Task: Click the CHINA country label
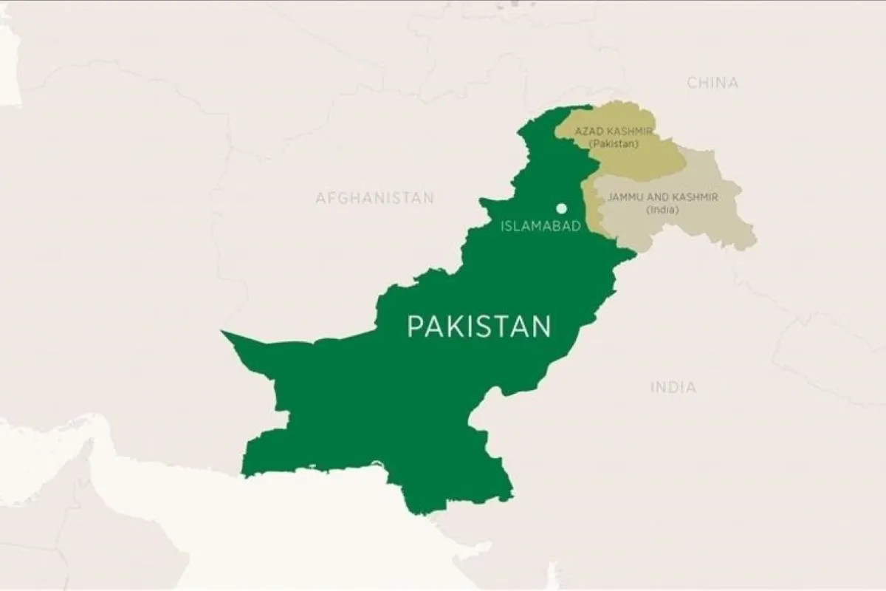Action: (712, 83)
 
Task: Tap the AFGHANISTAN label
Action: (374, 198)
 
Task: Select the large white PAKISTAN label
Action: (479, 326)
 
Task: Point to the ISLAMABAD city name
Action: (541, 227)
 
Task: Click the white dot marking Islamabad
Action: (562, 208)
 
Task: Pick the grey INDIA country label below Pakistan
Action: (673, 387)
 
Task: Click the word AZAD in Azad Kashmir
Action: (589, 131)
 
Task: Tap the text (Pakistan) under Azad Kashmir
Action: (613, 143)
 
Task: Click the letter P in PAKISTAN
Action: (415, 327)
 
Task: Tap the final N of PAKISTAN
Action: (543, 327)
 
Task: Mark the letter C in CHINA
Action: (693, 83)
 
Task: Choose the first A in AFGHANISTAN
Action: (320, 198)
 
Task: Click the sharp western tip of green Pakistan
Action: (223, 333)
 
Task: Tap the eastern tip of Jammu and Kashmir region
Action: (755, 242)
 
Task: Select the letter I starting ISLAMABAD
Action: (503, 227)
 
